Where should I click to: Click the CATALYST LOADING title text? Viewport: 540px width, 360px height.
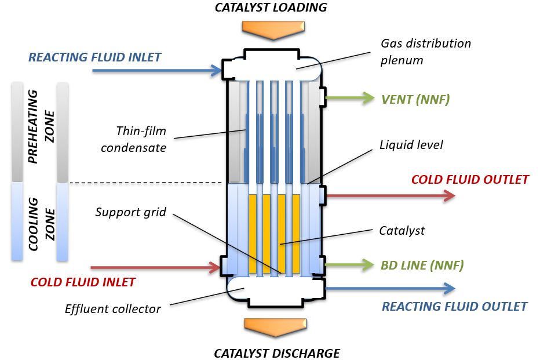pos(271,8)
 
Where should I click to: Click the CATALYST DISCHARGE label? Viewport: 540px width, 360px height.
pos(277,353)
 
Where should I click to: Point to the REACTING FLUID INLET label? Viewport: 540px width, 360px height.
pos(95,57)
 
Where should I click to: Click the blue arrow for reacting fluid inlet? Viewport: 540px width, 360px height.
pos(157,71)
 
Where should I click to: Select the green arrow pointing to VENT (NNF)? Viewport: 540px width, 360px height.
pos(351,99)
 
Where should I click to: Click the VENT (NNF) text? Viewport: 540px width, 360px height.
pos(415,99)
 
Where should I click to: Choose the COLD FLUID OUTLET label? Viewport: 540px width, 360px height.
pos(470,180)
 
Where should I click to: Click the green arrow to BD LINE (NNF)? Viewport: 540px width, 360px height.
pos(351,265)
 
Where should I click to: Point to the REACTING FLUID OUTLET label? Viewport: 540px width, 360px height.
pos(454,306)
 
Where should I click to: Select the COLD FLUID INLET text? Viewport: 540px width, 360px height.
pos(83,282)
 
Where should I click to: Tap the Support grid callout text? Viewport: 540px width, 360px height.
pos(131,212)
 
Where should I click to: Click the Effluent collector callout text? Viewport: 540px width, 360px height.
pos(112,308)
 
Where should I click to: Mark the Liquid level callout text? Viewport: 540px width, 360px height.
pos(411,144)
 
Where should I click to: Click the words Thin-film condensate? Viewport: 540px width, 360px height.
pos(133,139)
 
